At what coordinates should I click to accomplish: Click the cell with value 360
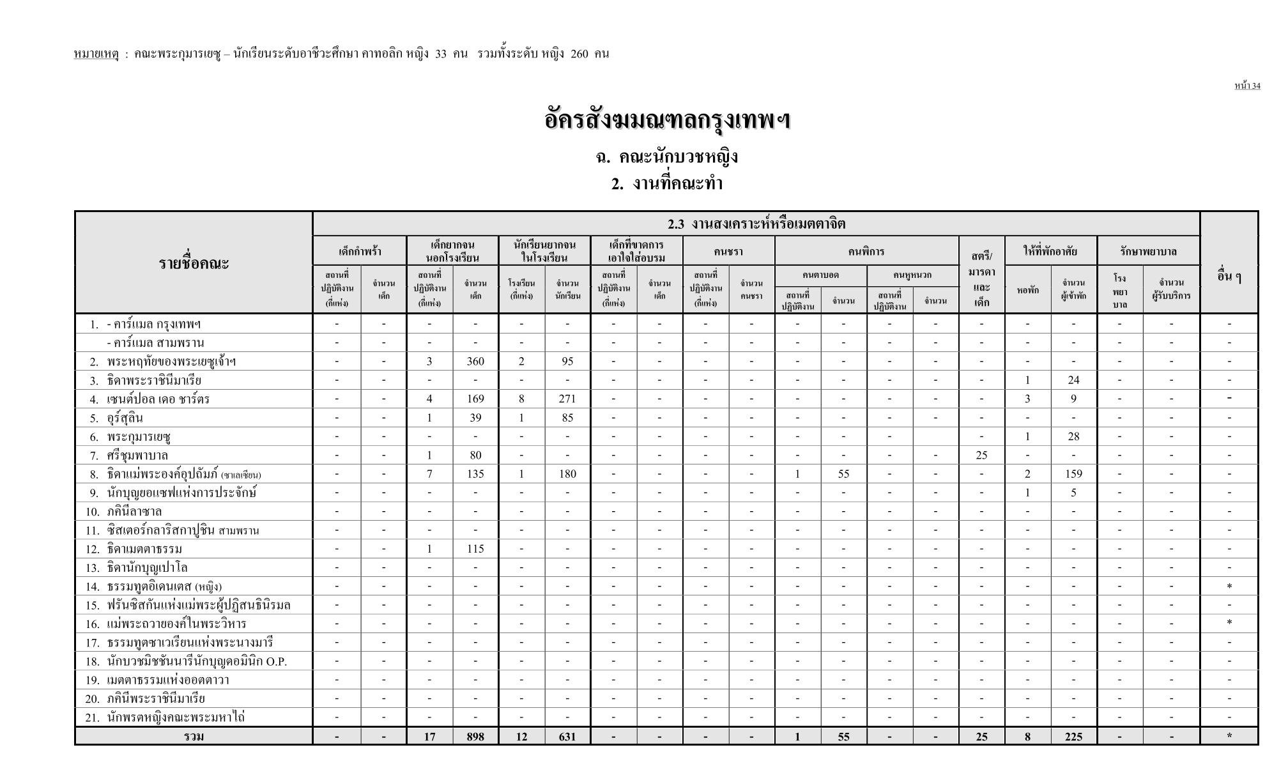[475, 362]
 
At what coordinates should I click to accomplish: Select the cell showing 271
[567, 399]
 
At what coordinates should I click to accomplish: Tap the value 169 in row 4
[475, 399]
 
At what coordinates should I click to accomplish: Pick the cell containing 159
[1073, 474]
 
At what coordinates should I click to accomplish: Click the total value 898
[475, 737]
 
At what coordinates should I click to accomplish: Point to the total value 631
[567, 737]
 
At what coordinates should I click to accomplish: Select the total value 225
[1073, 737]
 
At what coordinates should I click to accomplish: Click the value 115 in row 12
[475, 549]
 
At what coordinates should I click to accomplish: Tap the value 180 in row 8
[567, 474]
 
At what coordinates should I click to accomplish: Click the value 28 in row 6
[1073, 437]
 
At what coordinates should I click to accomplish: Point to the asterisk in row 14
[1229, 586]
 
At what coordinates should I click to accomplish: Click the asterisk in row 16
[1229, 624]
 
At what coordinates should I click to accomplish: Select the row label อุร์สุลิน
[125, 418]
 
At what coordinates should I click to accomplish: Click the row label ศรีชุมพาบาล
[137, 456]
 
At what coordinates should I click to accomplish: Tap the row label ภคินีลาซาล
[135, 512]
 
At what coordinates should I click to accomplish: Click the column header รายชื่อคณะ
[194, 263]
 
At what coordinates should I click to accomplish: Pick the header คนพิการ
[866, 251]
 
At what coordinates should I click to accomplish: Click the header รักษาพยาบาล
[1148, 251]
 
